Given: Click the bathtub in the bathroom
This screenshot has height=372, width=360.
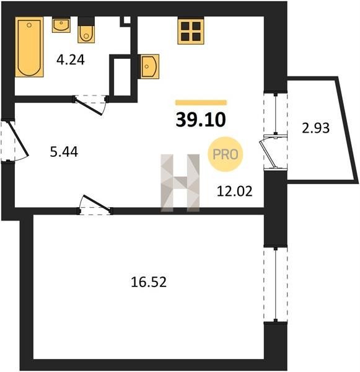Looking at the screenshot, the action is pyautogui.click(x=29, y=46).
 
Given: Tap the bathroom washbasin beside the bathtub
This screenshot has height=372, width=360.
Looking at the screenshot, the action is pyautogui.click(x=61, y=25).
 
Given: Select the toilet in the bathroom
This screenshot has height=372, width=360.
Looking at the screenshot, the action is pyautogui.click(x=86, y=30).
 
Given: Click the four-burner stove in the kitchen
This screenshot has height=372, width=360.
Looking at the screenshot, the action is pyautogui.click(x=191, y=32).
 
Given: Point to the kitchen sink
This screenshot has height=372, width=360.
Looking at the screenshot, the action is pyautogui.click(x=149, y=66).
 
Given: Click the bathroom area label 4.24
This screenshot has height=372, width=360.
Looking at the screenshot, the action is pyautogui.click(x=71, y=60).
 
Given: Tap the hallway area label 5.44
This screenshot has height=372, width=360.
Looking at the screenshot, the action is pyautogui.click(x=64, y=152).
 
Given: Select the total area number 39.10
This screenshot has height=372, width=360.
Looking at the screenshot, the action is pyautogui.click(x=201, y=120).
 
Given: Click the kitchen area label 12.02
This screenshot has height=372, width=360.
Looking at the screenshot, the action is pyautogui.click(x=235, y=192).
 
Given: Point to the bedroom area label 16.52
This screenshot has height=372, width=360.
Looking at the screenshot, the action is pyautogui.click(x=149, y=282).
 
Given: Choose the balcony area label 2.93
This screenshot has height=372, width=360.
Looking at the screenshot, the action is pyautogui.click(x=315, y=128).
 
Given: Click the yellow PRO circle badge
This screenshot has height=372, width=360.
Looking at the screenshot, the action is pyautogui.click(x=226, y=154).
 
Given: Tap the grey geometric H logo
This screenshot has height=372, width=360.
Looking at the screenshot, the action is pyautogui.click(x=180, y=183).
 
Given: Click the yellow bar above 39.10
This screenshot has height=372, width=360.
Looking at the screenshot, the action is pyautogui.click(x=201, y=102).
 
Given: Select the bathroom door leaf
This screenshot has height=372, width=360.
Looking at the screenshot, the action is pyautogui.click(x=89, y=106).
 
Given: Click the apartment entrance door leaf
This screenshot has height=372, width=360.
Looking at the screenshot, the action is pyautogui.click(x=19, y=139).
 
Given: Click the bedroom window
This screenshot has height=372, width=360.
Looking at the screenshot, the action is pyautogui.click(x=276, y=285).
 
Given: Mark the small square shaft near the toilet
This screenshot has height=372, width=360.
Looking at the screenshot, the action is pyautogui.click(x=127, y=20).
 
